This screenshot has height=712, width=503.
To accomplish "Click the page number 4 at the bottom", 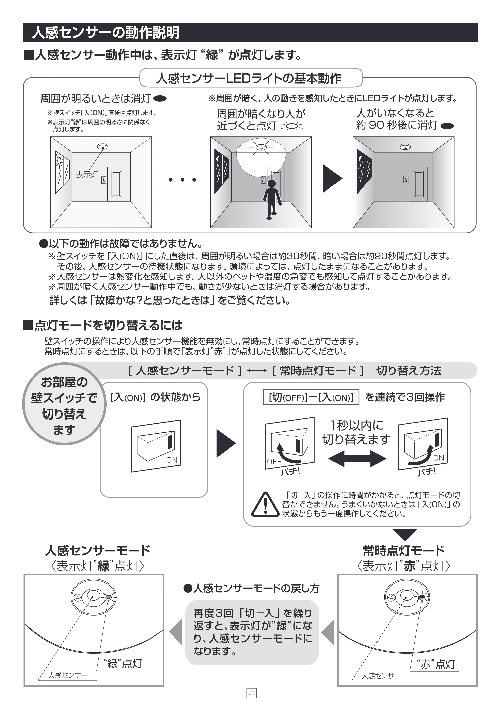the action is coord(251,693).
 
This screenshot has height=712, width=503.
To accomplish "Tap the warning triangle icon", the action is coord(265,505).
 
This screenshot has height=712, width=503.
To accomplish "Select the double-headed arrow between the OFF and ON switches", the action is coord(357,458).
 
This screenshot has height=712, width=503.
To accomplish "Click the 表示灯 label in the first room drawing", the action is coord(87,175).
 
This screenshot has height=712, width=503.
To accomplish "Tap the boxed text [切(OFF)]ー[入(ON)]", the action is coord(311,397).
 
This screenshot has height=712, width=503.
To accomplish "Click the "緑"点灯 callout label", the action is coord(123,664).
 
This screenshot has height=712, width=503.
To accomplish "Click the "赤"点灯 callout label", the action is coord(436,664).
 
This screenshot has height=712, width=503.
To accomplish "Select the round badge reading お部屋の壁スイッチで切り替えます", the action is coord(64,404).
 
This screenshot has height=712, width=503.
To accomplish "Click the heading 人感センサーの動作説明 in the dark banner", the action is coord(105,32).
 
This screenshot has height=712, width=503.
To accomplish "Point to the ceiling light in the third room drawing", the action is coord(405,147).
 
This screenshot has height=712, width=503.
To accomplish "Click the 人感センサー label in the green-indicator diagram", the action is coord(68,675).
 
